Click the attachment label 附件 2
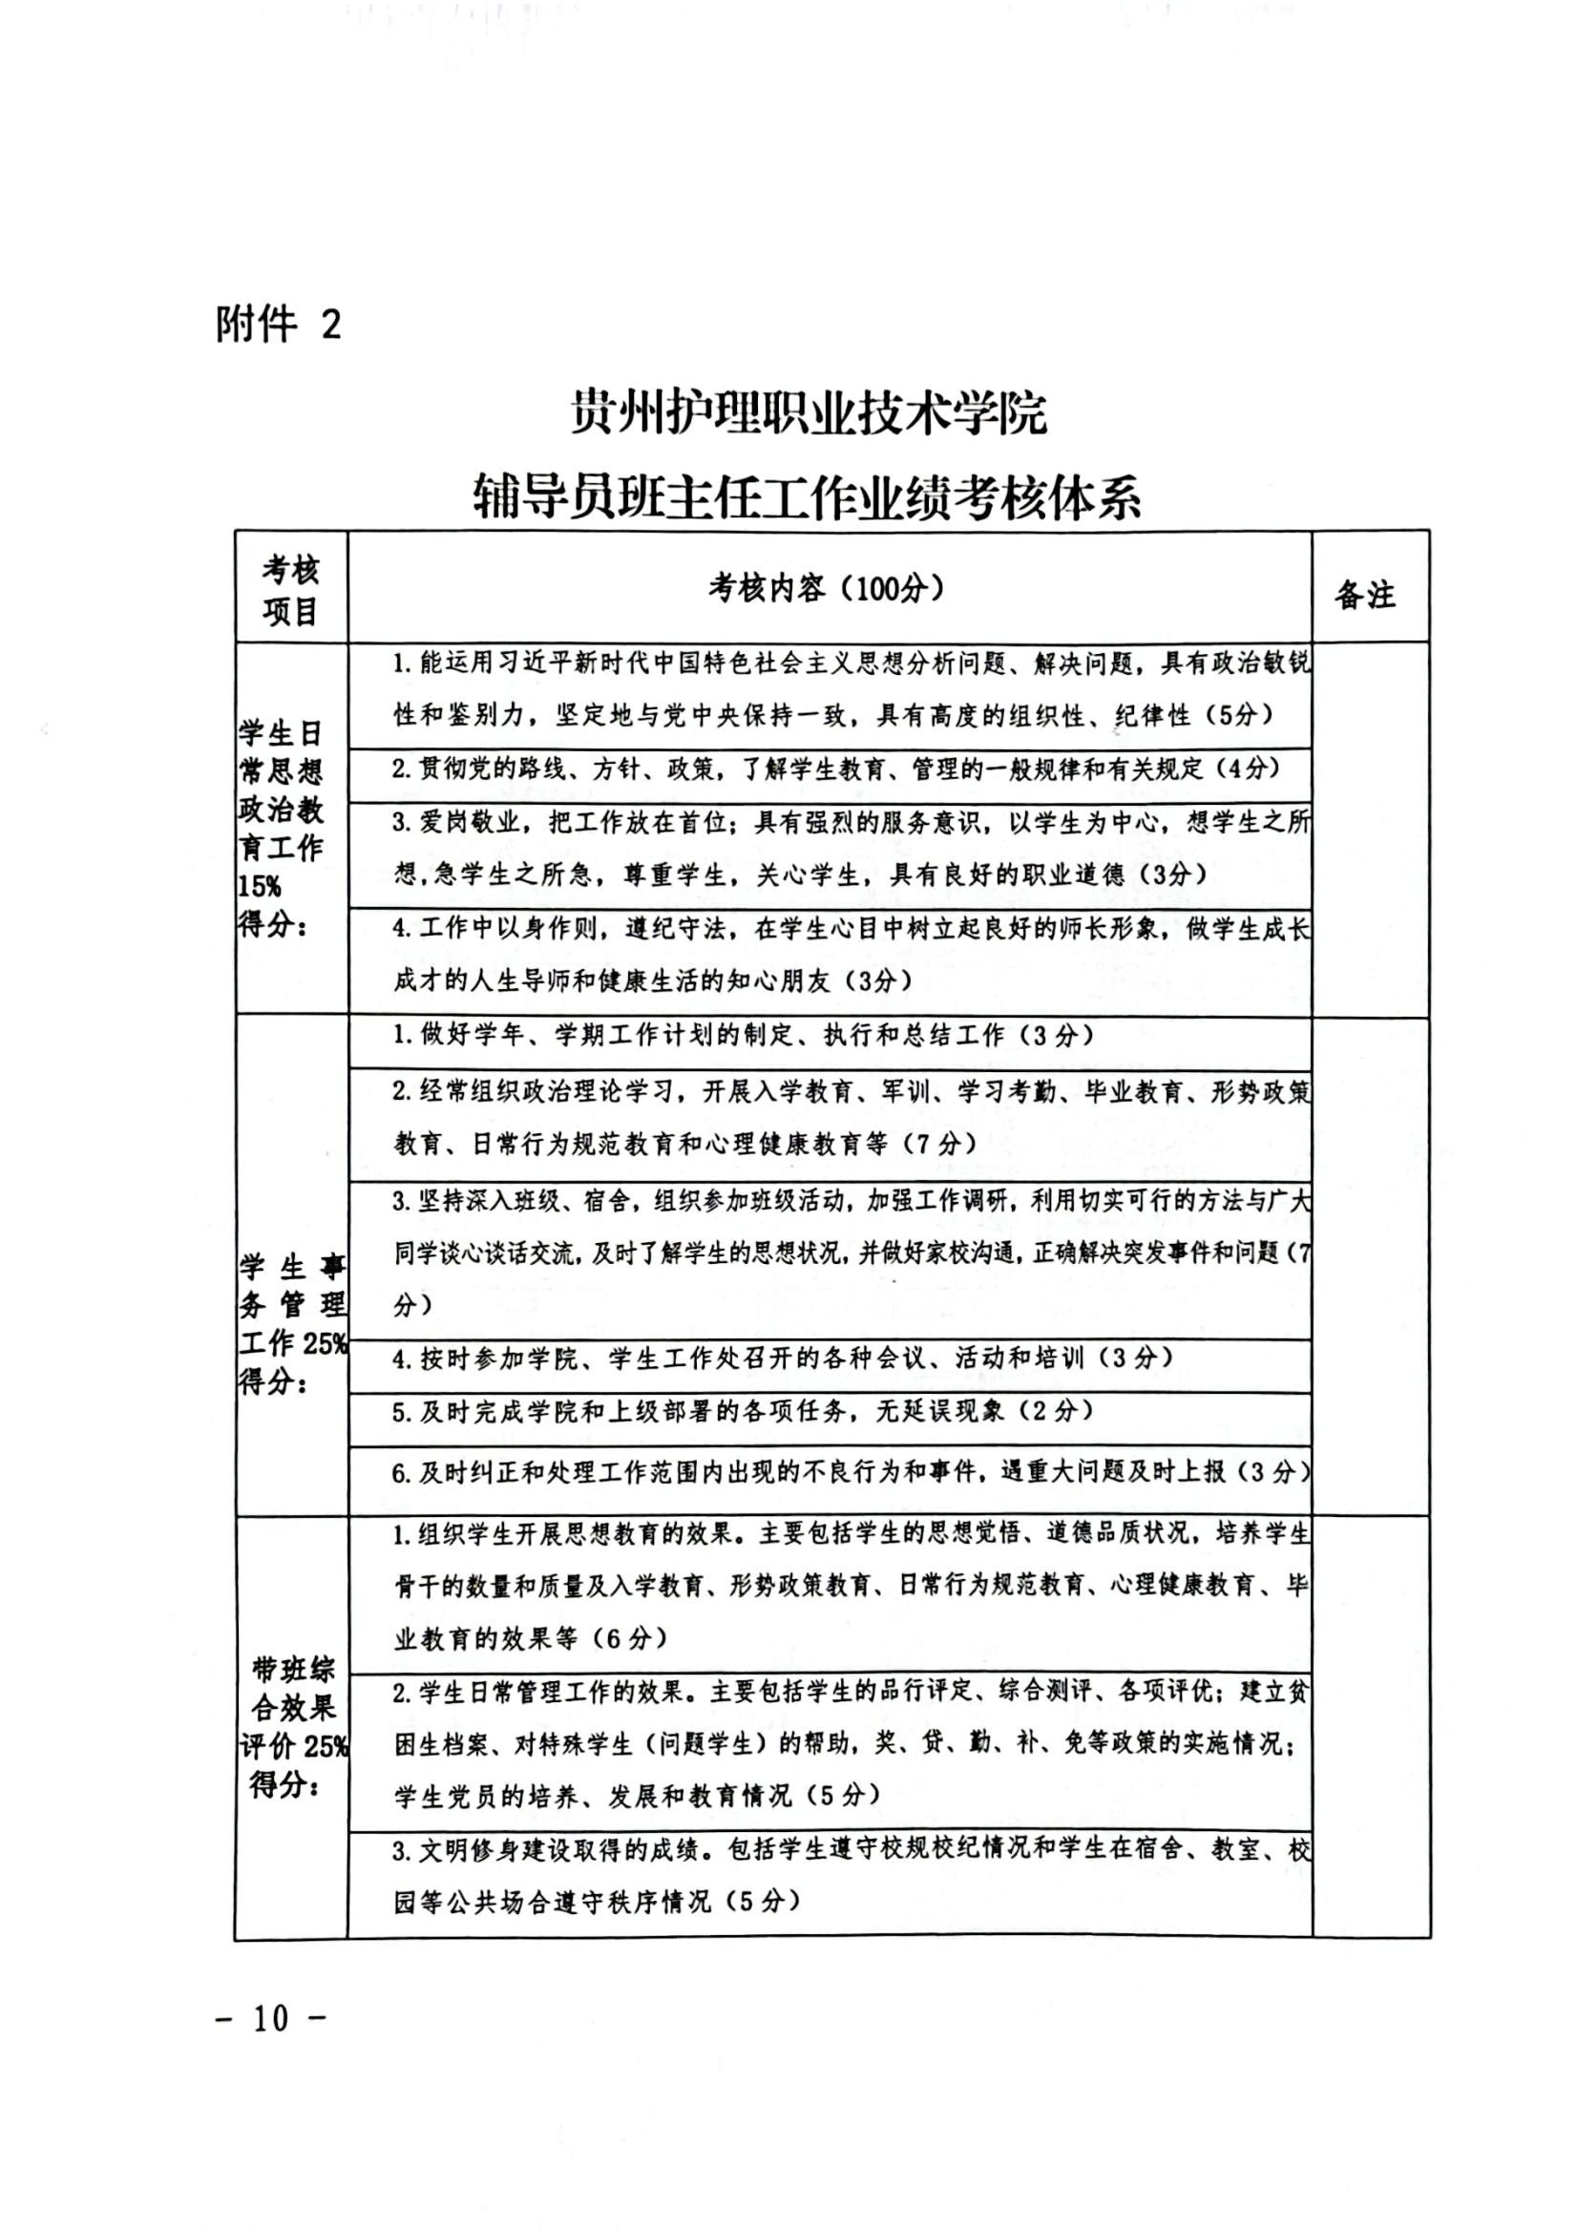pyautogui.click(x=279, y=324)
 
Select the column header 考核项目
pyautogui.click(x=291, y=590)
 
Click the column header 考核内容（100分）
pyautogui.click(x=827, y=588)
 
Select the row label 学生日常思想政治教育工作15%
pyautogui.click(x=281, y=828)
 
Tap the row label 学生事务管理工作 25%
pyautogui.click(x=292, y=1322)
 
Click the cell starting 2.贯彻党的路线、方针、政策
pyautogui.click(x=836, y=769)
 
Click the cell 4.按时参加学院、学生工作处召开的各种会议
pyautogui.click(x=783, y=1359)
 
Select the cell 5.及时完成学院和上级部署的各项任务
pyautogui.click(x=744, y=1411)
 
